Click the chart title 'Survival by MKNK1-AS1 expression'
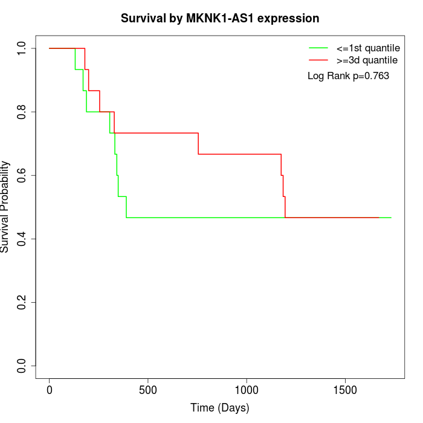pyautogui.click(x=220, y=19)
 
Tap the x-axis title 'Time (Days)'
pyautogui.click(x=219, y=408)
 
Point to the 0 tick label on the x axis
pyautogui.click(x=50, y=390)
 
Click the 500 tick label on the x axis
pyautogui.click(x=148, y=390)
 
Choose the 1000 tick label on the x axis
pyautogui.click(x=247, y=390)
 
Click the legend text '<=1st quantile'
pyautogui.click(x=367, y=48)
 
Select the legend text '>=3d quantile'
pyautogui.click(x=367, y=60)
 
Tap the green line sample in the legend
pyautogui.click(x=318, y=48)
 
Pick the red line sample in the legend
pyautogui.click(x=318, y=60)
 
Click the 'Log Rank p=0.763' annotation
pyautogui.click(x=348, y=76)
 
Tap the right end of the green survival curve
pyautogui.click(x=390, y=218)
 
